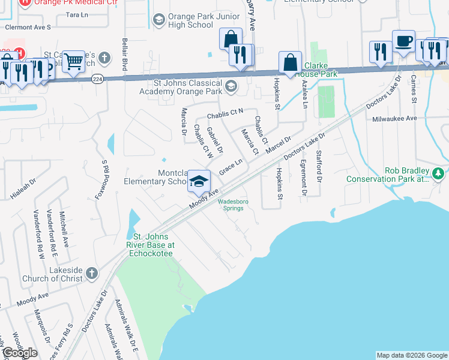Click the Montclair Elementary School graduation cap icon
pyautogui.click(x=199, y=181)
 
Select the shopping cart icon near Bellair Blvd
pyautogui.click(x=73, y=60)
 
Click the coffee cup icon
pyautogui.click(x=404, y=41)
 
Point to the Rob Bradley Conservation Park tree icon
pyautogui.click(x=438, y=174)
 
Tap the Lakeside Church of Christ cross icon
pyautogui.click(x=91, y=274)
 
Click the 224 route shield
pyautogui.click(x=97, y=78)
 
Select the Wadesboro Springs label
pyautogui.click(x=233, y=205)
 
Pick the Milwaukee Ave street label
pyautogui.click(x=394, y=119)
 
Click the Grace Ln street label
pyautogui.click(x=231, y=167)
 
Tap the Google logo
pyautogui.click(x=19, y=353)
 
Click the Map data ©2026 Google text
pyautogui.click(x=411, y=355)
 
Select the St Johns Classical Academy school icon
pyautogui.click(x=231, y=88)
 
